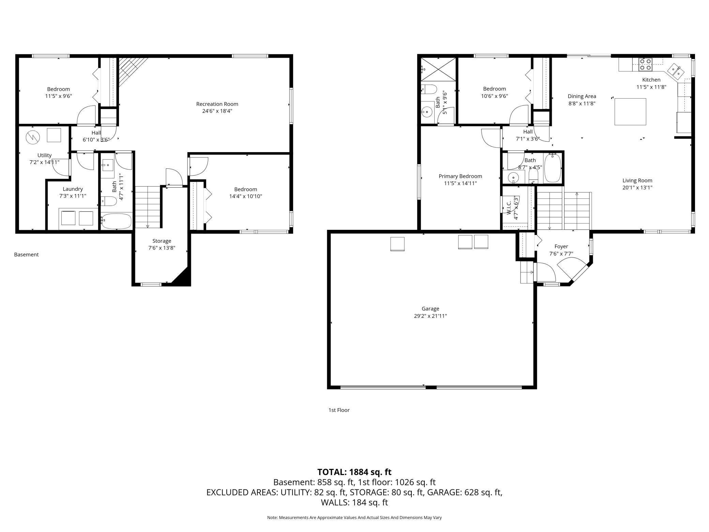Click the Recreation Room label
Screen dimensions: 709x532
pyautogui.click(x=217, y=104)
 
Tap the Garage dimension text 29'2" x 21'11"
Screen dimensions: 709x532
pyautogui.click(x=430, y=316)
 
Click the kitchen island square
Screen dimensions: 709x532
pyautogui.click(x=630, y=112)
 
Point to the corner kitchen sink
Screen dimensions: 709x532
pyautogui.click(x=675, y=72)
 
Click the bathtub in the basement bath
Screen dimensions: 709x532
pyautogui.click(x=117, y=221)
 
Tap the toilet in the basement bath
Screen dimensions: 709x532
pyautogui.click(x=109, y=201)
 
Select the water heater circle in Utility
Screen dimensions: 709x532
pyautogui.click(x=33, y=137)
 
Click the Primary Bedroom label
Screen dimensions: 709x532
pyautogui.click(x=460, y=176)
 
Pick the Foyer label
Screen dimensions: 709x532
pyautogui.click(x=561, y=247)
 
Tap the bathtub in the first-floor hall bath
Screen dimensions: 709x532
pyautogui.click(x=553, y=168)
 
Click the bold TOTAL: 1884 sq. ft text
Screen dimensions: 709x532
pyautogui.click(x=354, y=472)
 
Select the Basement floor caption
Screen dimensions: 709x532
pyautogui.click(x=26, y=255)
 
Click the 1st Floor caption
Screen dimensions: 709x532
pyautogui.click(x=339, y=410)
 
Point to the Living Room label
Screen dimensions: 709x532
pyautogui.click(x=637, y=181)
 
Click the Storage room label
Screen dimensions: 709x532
pyautogui.click(x=162, y=241)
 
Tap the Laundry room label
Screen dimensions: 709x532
pyautogui.click(x=73, y=189)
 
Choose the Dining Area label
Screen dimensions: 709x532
pyautogui.click(x=582, y=97)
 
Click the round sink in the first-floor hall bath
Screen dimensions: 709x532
pyautogui.click(x=513, y=178)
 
